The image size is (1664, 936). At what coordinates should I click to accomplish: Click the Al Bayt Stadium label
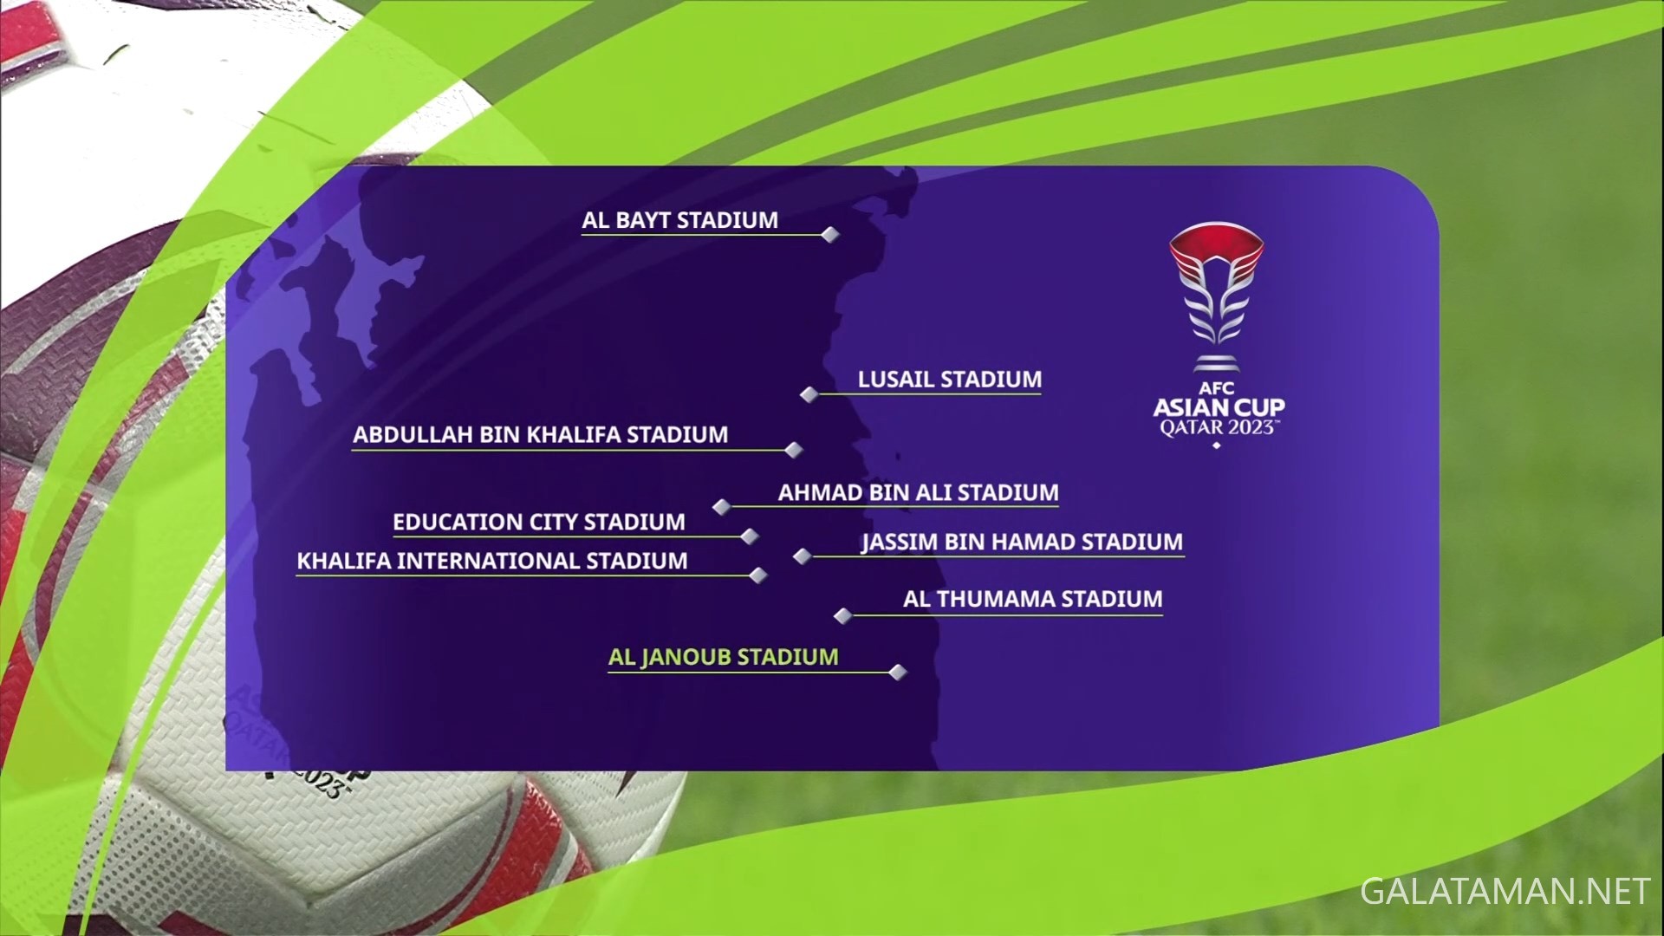click(x=679, y=220)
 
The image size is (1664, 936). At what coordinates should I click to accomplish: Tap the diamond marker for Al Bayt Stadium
click(x=830, y=235)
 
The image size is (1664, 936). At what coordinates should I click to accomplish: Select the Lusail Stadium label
click(x=950, y=380)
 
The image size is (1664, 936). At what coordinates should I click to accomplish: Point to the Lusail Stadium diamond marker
click(x=809, y=394)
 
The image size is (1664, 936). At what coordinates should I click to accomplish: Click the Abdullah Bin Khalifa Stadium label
click(x=541, y=435)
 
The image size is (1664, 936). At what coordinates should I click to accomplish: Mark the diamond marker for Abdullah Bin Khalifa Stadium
click(x=794, y=450)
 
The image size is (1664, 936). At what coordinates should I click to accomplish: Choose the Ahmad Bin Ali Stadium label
click(x=919, y=493)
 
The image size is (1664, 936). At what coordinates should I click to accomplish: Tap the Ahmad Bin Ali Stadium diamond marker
click(x=722, y=507)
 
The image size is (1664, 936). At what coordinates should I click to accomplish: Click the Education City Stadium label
click(x=539, y=523)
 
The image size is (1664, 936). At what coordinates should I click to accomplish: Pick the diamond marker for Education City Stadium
click(x=751, y=537)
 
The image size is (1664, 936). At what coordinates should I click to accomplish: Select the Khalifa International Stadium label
click(x=492, y=562)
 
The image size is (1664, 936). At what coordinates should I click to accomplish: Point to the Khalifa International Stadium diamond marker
click(x=758, y=575)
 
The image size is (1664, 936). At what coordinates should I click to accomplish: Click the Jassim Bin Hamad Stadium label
click(x=1023, y=543)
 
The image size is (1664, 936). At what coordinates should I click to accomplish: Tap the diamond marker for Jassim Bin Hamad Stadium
click(x=803, y=556)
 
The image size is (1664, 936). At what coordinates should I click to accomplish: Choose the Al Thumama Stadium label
click(x=1033, y=600)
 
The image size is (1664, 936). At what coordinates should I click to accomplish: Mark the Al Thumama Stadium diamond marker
click(x=842, y=615)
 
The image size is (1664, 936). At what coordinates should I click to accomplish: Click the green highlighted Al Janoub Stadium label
click(x=724, y=658)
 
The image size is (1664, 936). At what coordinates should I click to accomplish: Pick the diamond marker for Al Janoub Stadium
click(x=898, y=672)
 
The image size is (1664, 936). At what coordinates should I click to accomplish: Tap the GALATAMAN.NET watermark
click(x=1505, y=892)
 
